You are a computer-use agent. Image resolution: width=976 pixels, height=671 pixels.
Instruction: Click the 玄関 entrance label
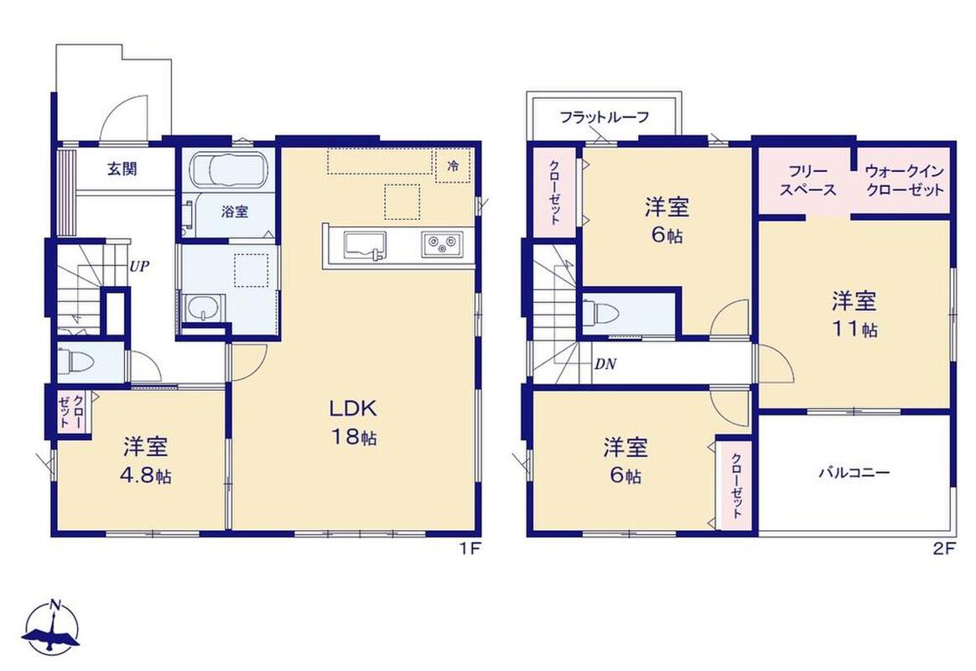click(122, 169)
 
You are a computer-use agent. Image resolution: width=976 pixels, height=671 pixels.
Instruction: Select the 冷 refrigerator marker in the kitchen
click(453, 165)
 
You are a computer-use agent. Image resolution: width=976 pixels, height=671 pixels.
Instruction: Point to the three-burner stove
click(443, 244)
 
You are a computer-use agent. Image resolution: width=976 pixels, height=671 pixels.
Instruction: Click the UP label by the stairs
click(139, 267)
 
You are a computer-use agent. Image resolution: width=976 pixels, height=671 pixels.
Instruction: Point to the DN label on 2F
click(605, 364)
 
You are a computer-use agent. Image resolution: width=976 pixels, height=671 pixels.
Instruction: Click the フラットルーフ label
click(605, 117)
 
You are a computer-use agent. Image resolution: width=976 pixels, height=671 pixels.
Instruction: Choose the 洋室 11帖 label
click(854, 315)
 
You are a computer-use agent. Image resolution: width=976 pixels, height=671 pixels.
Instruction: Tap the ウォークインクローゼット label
click(905, 180)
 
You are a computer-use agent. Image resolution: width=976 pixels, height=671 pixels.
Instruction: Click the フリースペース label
click(808, 180)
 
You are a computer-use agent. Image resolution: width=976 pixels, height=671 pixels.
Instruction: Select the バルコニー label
click(854, 472)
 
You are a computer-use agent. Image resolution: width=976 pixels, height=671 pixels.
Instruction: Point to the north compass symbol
click(51, 627)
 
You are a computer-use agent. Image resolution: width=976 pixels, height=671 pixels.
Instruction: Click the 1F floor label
click(471, 549)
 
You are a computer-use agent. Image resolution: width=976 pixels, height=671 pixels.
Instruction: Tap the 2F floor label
click(943, 549)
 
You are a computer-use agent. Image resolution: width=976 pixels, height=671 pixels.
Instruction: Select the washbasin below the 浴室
click(202, 307)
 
